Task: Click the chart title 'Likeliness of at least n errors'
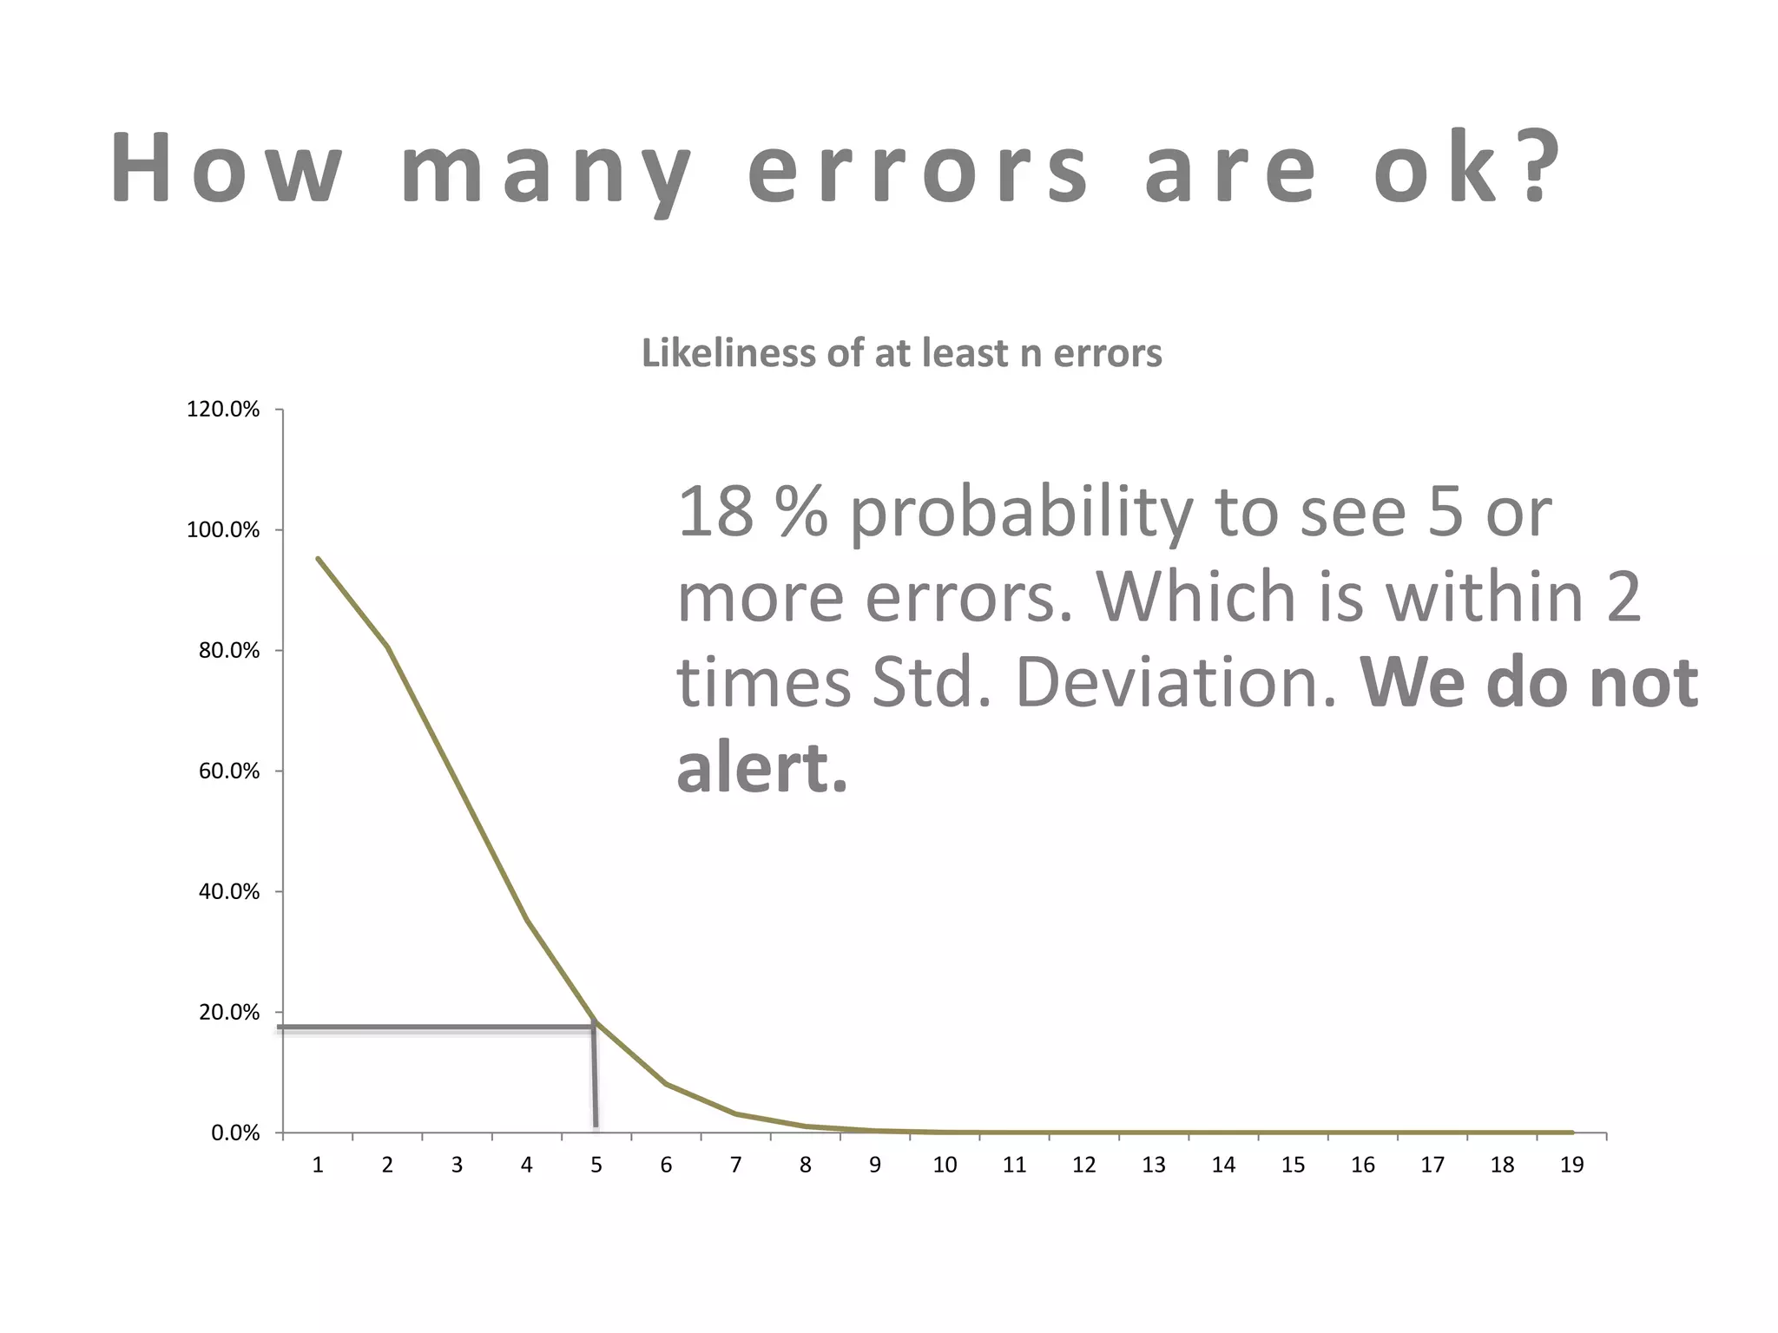901,353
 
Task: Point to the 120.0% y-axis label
223,410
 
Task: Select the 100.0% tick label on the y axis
223,530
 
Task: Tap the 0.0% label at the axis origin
235,1133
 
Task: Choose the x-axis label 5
596,1166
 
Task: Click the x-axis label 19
1571,1166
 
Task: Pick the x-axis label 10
945,1166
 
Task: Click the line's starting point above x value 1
318,559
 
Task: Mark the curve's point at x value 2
387,647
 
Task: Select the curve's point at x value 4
527,920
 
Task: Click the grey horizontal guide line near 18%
434,1028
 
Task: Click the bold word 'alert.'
761,769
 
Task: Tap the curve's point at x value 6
666,1084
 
